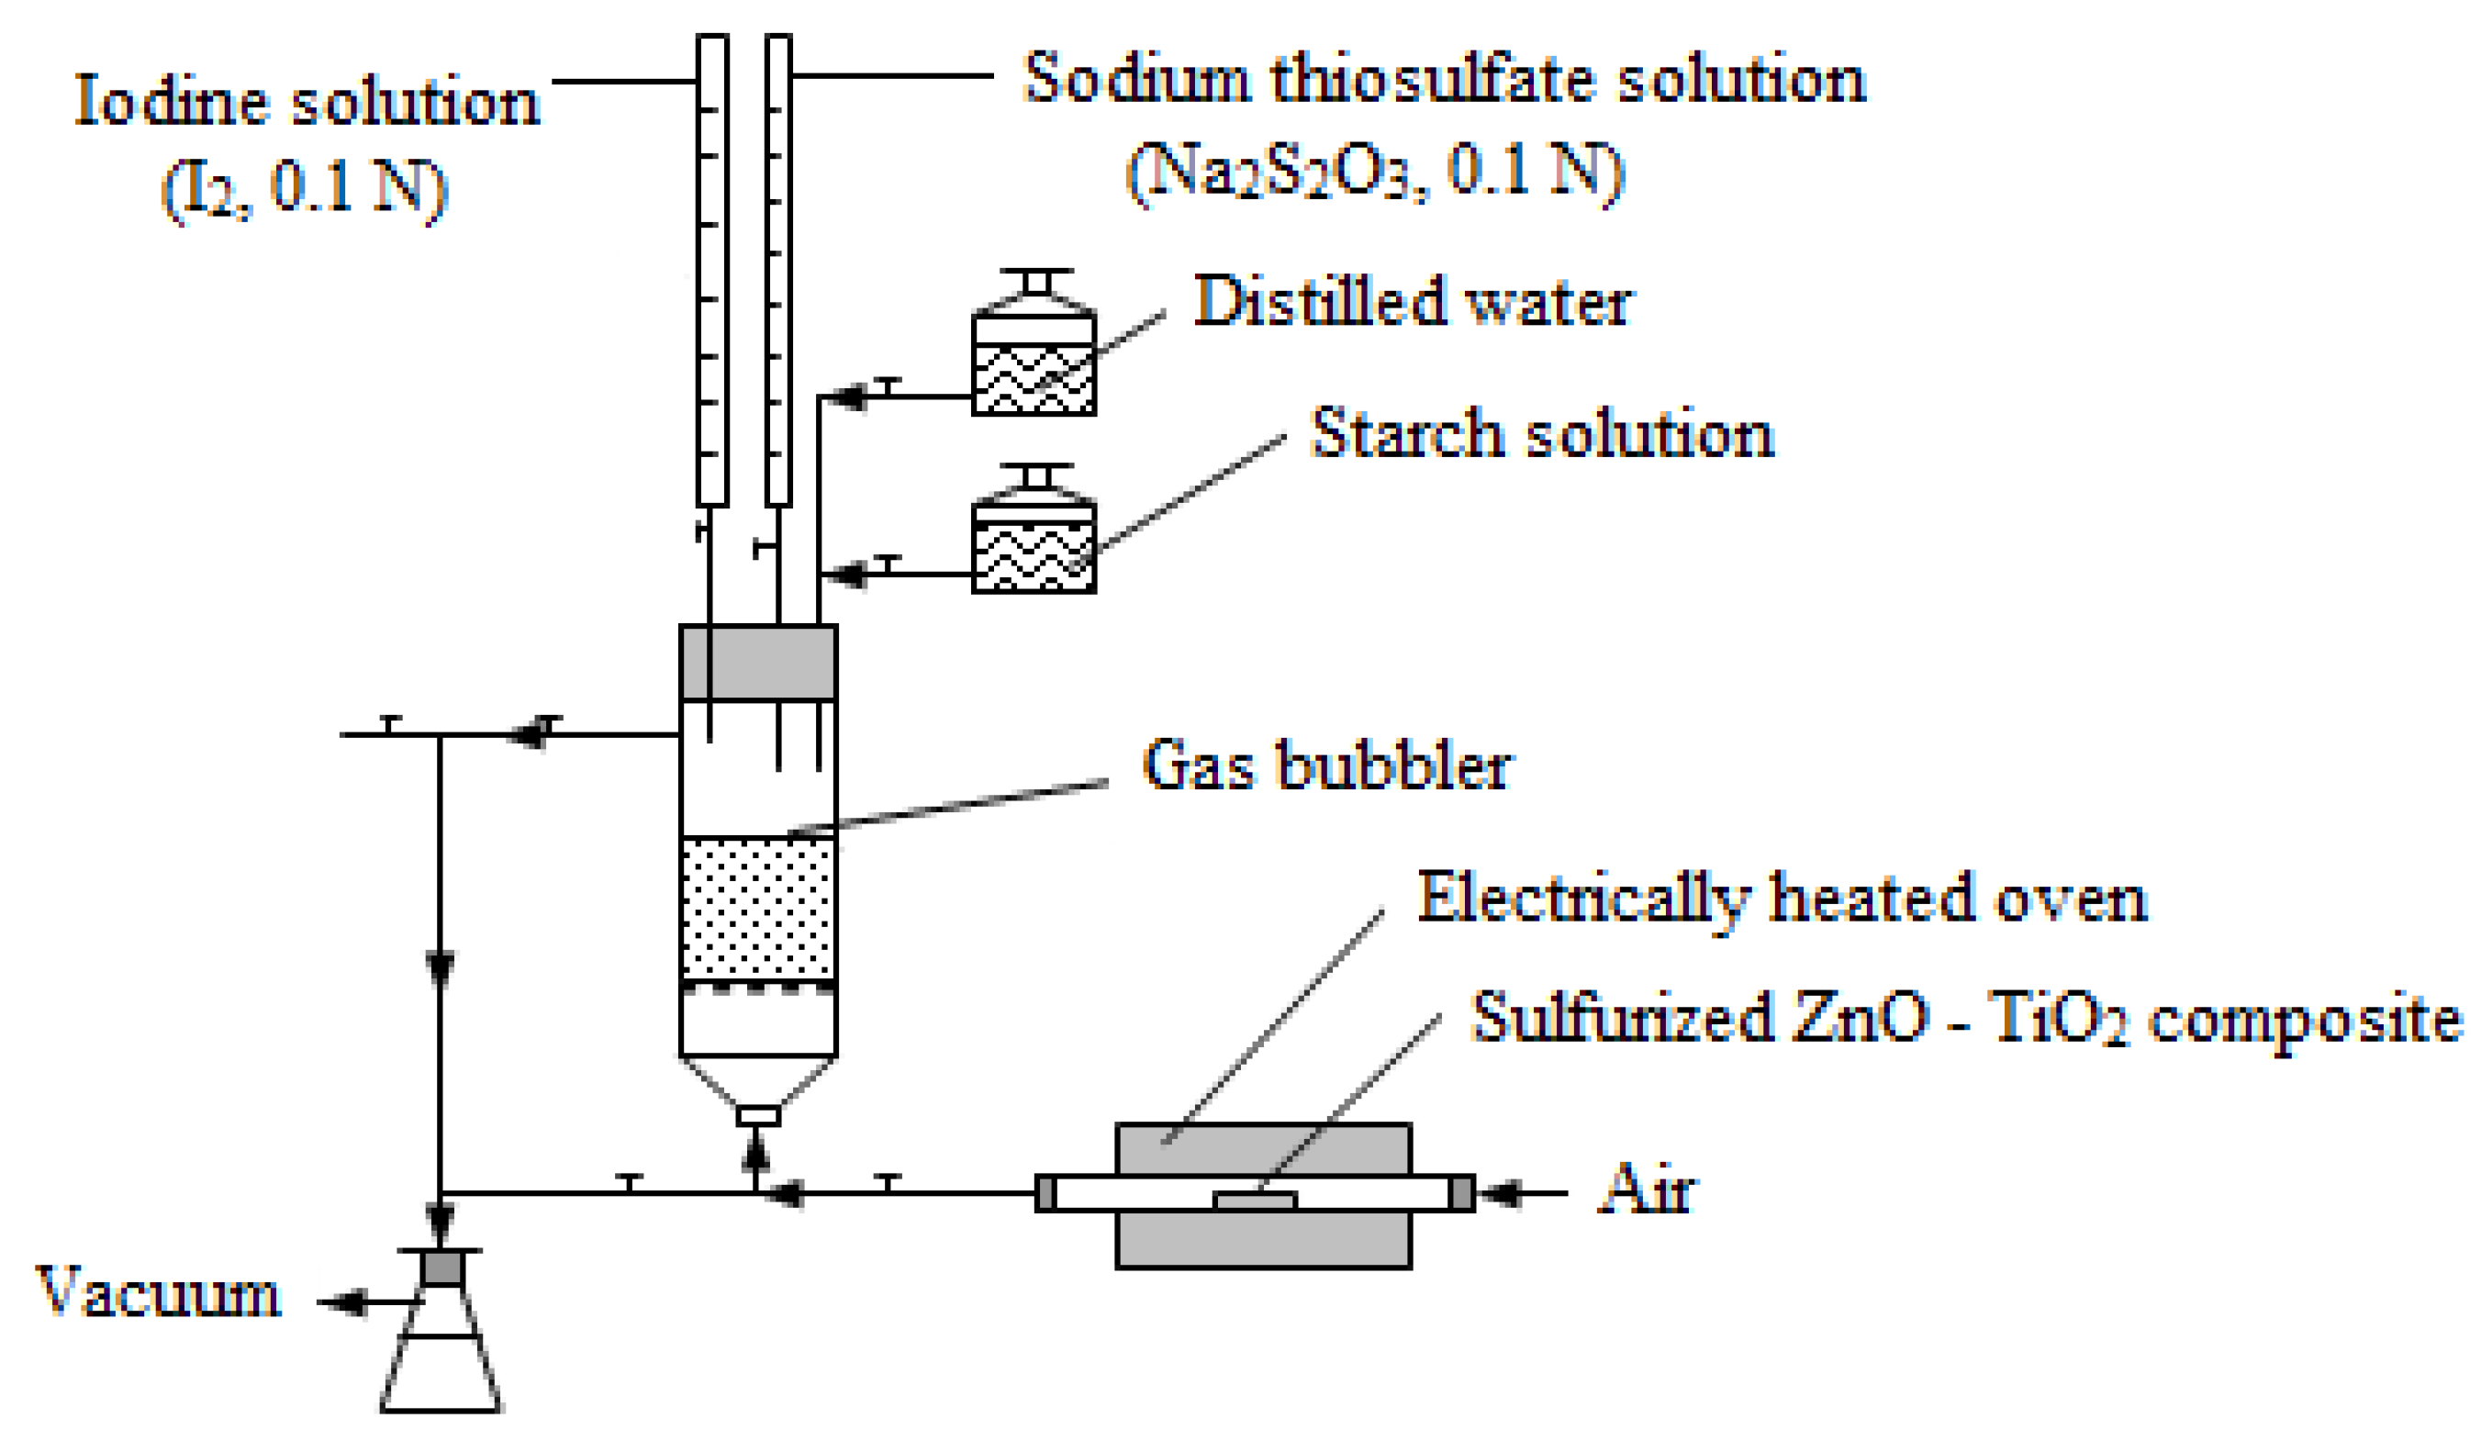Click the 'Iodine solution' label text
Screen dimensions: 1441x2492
[x=307, y=102]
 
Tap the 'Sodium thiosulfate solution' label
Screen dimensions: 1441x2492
[x=1444, y=79]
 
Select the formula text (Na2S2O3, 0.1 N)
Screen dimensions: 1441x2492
[x=1375, y=173]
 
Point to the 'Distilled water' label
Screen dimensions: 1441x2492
[x=1414, y=302]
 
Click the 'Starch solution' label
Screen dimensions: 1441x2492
[x=1542, y=434]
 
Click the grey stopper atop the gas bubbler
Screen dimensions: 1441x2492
[x=758, y=662]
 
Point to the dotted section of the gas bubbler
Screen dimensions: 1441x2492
[x=758, y=908]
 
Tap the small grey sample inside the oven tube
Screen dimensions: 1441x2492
[x=1255, y=1201]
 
